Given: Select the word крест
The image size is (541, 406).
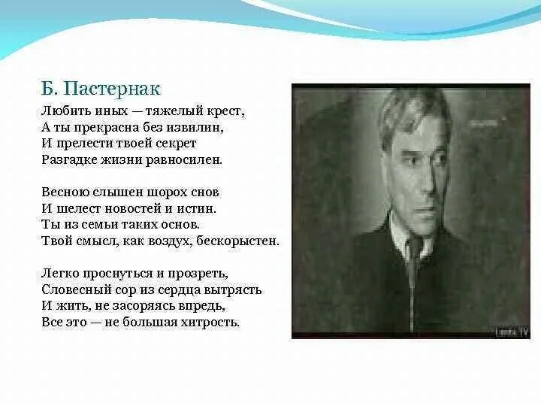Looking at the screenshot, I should click(x=225, y=111).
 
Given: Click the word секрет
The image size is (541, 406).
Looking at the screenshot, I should click(x=176, y=144).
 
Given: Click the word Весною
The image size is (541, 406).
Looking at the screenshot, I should click(x=62, y=192).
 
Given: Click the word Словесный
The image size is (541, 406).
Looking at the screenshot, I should click(x=73, y=289).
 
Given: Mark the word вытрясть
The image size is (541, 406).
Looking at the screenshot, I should click(x=234, y=289).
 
